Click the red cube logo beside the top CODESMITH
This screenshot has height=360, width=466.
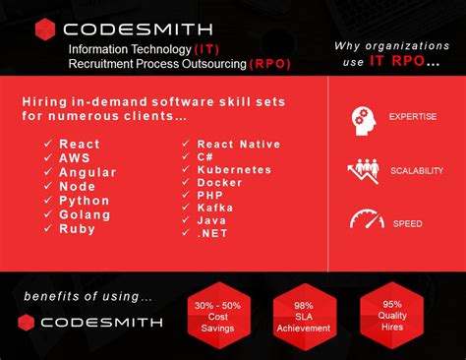[x=45, y=30]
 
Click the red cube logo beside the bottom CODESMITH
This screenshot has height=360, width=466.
[x=28, y=322]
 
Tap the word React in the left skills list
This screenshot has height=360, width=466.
[x=80, y=144]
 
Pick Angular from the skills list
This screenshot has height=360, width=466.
[x=87, y=171]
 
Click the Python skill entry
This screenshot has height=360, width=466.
[x=85, y=200]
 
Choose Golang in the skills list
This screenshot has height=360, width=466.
[x=86, y=213]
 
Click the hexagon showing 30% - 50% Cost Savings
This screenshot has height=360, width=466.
[x=222, y=317]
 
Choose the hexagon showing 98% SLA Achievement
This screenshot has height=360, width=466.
[x=304, y=316]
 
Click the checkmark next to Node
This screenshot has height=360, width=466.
[x=47, y=186]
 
